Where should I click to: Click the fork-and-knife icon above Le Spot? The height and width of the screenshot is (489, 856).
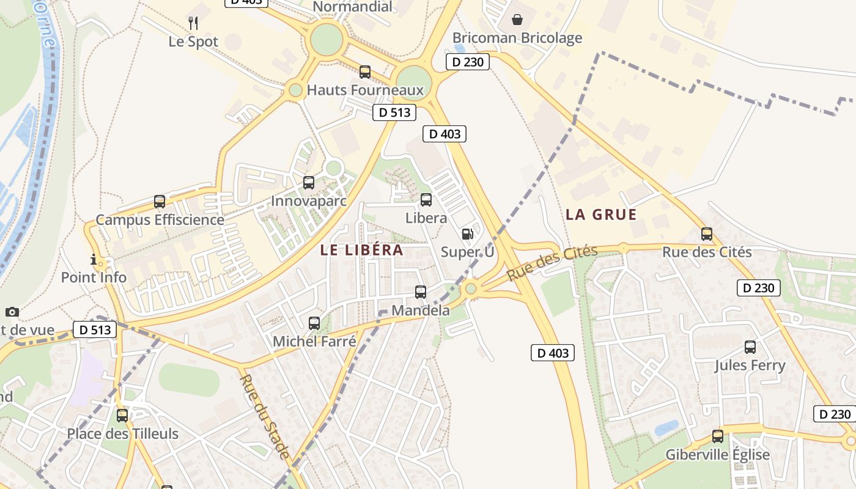click(x=193, y=23)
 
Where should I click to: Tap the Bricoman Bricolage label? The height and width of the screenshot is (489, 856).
click(x=517, y=38)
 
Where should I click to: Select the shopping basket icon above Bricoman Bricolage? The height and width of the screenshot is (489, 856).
click(x=517, y=20)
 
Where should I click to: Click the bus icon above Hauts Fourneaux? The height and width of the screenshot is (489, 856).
click(x=365, y=72)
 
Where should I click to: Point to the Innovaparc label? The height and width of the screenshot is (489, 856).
click(x=309, y=200)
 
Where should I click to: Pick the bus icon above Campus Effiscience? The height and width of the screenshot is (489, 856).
click(x=160, y=202)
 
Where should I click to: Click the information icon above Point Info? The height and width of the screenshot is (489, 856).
click(x=94, y=260)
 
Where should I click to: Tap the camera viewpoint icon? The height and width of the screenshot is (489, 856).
click(x=12, y=312)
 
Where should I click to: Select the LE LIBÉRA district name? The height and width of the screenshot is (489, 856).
click(x=361, y=250)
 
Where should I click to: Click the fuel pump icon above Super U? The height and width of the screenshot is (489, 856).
click(x=467, y=234)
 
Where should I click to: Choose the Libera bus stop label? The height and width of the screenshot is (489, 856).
click(x=426, y=218)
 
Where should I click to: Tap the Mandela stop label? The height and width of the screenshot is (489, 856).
click(x=420, y=310)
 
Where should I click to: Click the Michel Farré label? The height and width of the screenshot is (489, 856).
click(x=314, y=341)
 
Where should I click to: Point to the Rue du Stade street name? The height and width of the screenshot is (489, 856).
click(x=264, y=416)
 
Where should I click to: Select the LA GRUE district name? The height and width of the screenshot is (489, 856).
click(x=601, y=215)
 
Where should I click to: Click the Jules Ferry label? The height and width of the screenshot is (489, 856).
click(x=750, y=366)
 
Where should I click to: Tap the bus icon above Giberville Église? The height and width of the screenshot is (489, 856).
click(x=718, y=436)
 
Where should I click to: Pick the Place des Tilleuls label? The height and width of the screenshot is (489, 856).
click(x=122, y=434)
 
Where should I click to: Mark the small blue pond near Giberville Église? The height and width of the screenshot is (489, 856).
click(x=666, y=427)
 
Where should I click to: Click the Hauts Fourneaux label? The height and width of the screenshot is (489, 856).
click(x=365, y=90)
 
